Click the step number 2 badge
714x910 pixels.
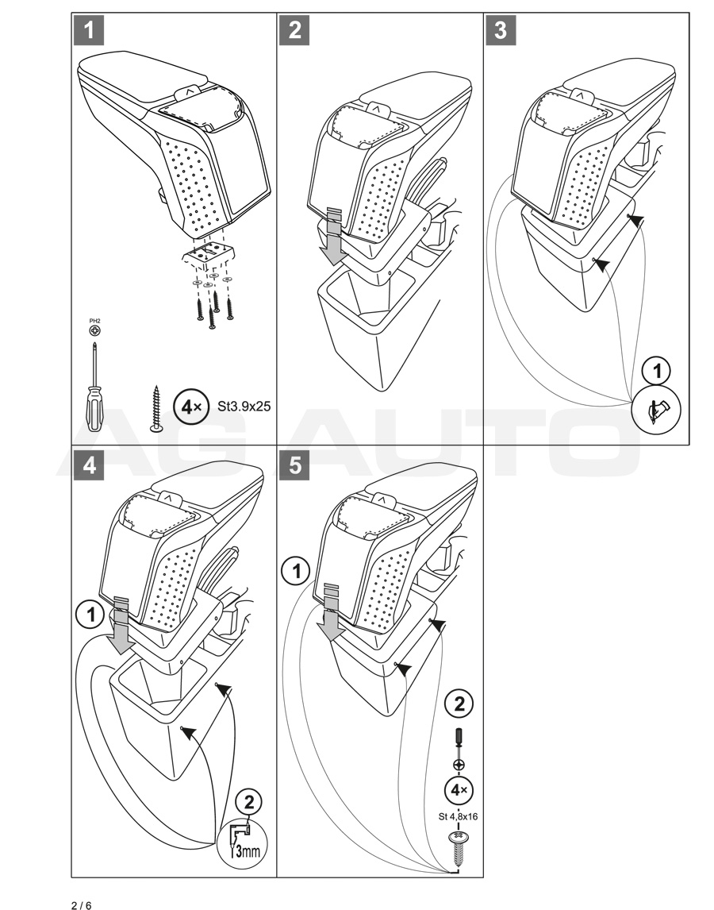pyautogui.click(x=295, y=31)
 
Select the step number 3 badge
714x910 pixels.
pyautogui.click(x=501, y=31)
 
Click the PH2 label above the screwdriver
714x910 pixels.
pyautogui.click(x=95, y=320)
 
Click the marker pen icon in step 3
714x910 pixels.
pyautogui.click(x=656, y=411)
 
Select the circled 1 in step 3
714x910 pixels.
pyautogui.click(x=656, y=370)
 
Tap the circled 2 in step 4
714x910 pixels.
pyautogui.click(x=251, y=802)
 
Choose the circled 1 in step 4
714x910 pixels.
pyautogui.click(x=90, y=612)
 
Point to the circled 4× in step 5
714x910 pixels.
pyautogui.click(x=459, y=790)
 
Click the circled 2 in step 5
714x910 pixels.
pyautogui.click(x=458, y=702)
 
